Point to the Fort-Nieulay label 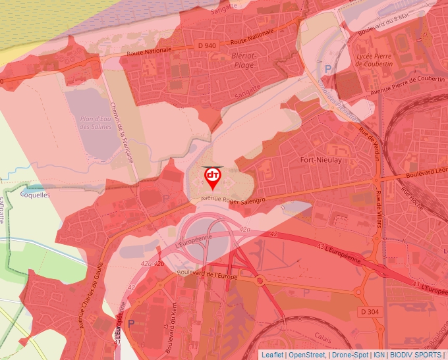pyautogui.click(x=320, y=160)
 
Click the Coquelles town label pyautogui.click(x=35, y=195)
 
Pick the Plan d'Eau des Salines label pyautogui.click(x=95, y=122)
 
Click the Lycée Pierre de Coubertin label pyautogui.click(x=374, y=60)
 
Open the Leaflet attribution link pyautogui.click(x=272, y=355)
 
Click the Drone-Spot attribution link pyautogui.click(x=350, y=355)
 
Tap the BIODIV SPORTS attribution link pyautogui.click(x=415, y=355)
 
